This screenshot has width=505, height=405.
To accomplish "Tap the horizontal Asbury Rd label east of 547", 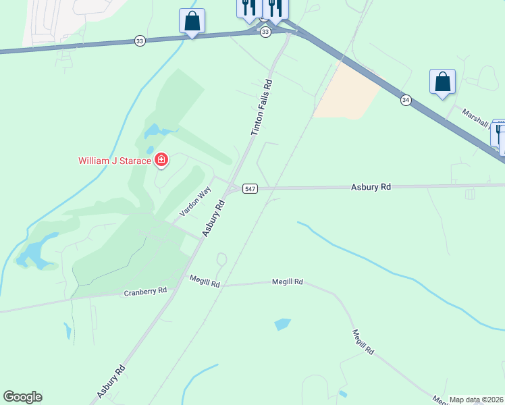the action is point(371,186).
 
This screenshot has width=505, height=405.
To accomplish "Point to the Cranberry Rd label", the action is point(145,292).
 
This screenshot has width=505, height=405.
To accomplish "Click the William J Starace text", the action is point(114,161).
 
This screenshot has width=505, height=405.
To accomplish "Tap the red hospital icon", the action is point(161,160).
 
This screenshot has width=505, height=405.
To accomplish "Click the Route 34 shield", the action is point(405,100).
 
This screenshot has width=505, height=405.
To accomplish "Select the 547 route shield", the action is point(250,189).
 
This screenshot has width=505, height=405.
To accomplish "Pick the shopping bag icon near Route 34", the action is point(442,82).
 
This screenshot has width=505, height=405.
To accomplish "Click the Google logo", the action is point(22,397).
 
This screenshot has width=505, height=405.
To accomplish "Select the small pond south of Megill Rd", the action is point(283,324).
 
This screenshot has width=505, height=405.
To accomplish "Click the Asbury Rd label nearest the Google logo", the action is point(111,381).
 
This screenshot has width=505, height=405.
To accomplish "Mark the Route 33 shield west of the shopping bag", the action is point(139,40).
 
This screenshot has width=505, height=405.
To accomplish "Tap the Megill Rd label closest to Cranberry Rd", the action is point(205,281).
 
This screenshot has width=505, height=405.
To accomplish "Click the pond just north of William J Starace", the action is point(153,130).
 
